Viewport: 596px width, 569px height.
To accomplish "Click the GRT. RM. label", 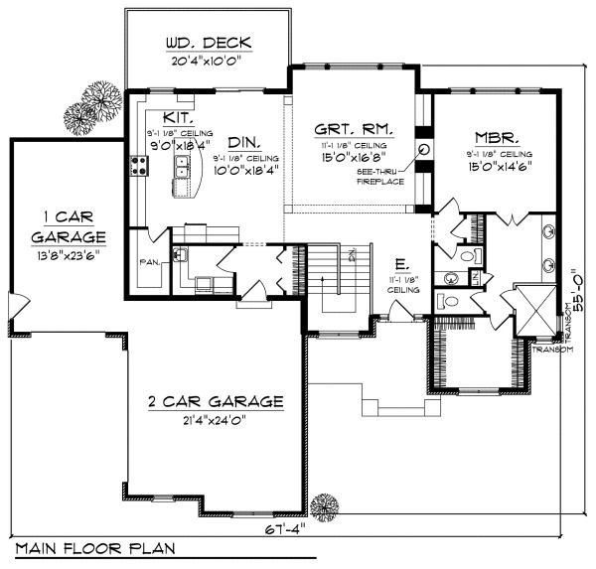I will pos(353,129).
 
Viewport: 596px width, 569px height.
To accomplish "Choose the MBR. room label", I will pos(494,138).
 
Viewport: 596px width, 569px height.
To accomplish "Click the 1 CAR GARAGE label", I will pos(68,226).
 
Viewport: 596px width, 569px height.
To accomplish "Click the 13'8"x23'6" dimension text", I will pos(68,254).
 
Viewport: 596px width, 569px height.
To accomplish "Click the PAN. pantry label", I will pos(150,264).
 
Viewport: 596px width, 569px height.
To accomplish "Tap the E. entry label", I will pos(400,265).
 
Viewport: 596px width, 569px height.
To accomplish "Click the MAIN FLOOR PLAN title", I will pos(95,548).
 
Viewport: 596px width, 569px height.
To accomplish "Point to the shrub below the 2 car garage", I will pos(322,505).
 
